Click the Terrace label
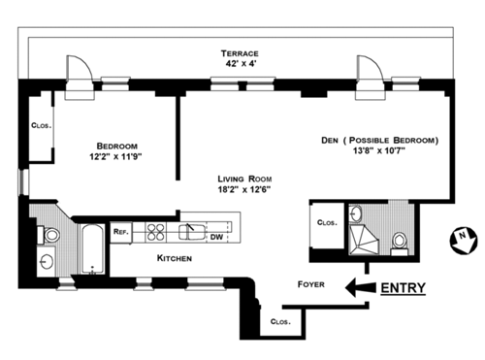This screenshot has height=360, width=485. (240, 53)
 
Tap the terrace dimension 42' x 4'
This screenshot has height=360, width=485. (241, 63)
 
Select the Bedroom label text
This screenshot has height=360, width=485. (116, 146)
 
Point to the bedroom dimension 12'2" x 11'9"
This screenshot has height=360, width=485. (115, 157)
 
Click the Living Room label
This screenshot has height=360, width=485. (244, 179)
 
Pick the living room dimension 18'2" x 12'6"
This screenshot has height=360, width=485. (244, 189)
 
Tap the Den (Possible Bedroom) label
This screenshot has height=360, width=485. (380, 141)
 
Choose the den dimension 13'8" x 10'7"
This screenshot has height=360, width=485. (379, 150)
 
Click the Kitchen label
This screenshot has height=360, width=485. (175, 258)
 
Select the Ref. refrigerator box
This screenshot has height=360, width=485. (121, 232)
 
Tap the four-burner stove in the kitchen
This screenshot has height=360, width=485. (155, 232)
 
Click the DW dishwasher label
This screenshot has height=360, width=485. (216, 237)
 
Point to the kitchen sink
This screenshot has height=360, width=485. (192, 232)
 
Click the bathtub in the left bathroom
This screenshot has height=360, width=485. (92, 249)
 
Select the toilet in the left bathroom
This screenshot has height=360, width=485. (48, 235)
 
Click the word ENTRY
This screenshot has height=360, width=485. (403, 288)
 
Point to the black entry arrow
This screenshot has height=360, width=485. (361, 287)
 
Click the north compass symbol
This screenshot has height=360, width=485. (464, 241)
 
